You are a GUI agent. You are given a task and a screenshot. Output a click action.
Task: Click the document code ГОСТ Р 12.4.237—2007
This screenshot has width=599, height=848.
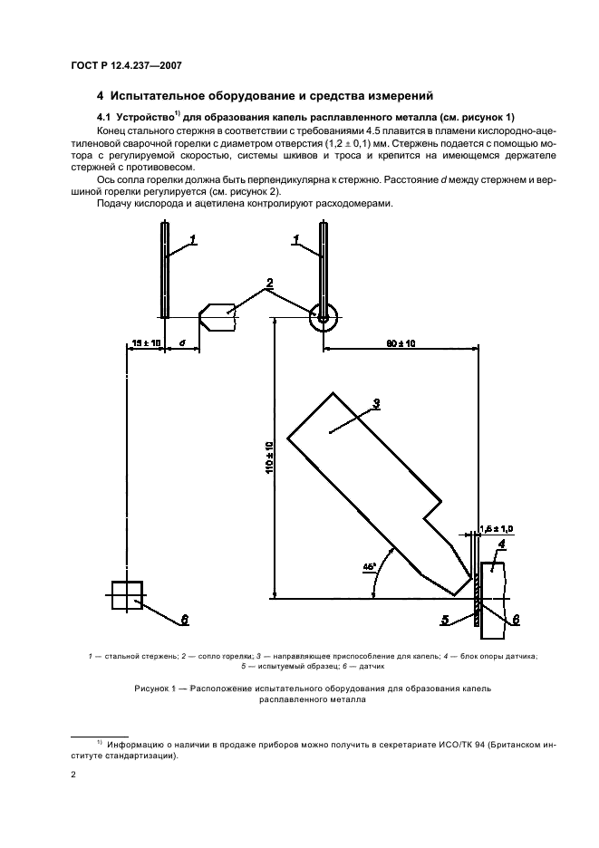coord(128,63)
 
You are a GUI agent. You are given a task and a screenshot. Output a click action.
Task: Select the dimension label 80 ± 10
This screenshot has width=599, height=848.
coord(401,342)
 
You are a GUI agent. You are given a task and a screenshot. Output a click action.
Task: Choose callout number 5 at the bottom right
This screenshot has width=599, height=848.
coord(446,621)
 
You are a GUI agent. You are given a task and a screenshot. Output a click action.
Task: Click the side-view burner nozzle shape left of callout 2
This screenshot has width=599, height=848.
coord(217,317)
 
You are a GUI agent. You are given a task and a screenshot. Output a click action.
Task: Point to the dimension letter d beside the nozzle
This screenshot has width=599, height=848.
coord(182,342)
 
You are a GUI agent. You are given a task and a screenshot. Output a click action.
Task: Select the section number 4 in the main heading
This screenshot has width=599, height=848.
coord(100,95)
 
